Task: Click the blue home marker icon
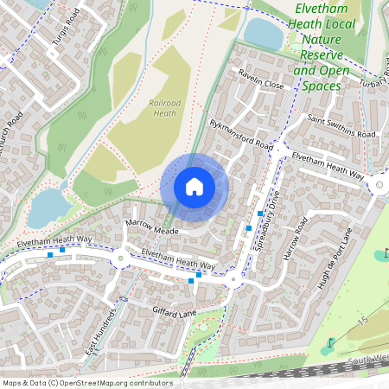(194, 187)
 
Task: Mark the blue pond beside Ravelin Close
(264, 34)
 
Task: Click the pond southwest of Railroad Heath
(48, 207)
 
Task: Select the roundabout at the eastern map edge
(379, 185)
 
